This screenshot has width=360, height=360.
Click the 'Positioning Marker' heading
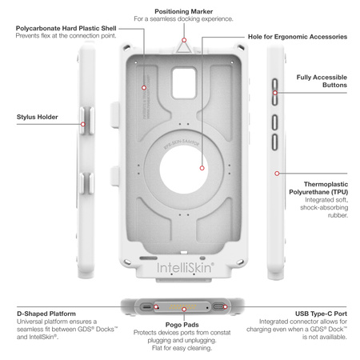184,10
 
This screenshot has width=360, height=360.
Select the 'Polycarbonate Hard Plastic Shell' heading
66,28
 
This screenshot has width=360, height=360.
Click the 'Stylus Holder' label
37,117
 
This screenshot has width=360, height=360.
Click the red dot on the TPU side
276,172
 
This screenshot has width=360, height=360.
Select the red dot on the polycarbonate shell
144,87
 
